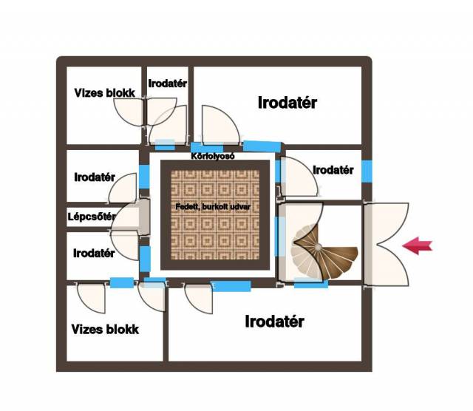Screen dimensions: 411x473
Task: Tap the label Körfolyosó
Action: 212,157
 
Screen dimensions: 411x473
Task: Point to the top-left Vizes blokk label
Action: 104,93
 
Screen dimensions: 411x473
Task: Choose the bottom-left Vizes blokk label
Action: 105,330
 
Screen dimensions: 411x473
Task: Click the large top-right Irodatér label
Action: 287,103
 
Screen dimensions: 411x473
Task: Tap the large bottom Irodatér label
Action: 274,322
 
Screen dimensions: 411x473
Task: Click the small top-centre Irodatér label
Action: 168,84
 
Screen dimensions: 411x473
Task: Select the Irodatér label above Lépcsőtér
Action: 95,177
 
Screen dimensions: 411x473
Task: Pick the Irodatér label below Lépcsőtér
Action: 94,254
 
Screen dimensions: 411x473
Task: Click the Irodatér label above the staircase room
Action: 333,170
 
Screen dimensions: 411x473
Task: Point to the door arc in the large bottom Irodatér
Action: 198,298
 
